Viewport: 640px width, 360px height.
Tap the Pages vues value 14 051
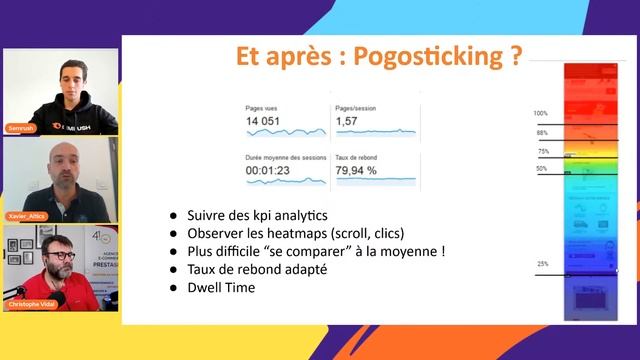pos(267,122)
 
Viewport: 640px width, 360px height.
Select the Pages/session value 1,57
pos(346,122)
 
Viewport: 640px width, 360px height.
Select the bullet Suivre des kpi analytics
pos(257,215)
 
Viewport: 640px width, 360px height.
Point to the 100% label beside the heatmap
pos(541,114)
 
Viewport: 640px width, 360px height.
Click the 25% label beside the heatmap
pos(542,264)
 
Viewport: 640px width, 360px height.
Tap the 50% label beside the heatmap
pos(542,169)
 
